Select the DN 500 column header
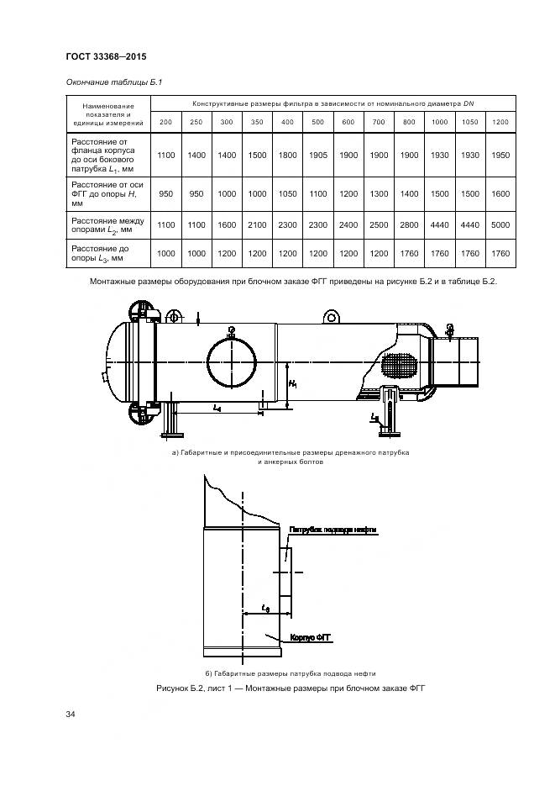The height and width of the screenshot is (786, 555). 317,123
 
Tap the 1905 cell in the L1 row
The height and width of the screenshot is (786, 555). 317,156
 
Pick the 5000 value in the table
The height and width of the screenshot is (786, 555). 500,224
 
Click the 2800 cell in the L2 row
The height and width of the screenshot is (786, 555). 409,224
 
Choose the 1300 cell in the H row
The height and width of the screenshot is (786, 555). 379,193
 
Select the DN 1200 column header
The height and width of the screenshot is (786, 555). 500,123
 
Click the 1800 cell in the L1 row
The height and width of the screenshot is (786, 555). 287,156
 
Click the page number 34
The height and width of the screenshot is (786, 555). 71,715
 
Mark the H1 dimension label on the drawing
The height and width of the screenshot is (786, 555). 292,385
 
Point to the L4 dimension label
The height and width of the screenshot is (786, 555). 217,408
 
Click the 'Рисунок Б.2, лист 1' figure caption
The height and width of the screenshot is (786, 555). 291,688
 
